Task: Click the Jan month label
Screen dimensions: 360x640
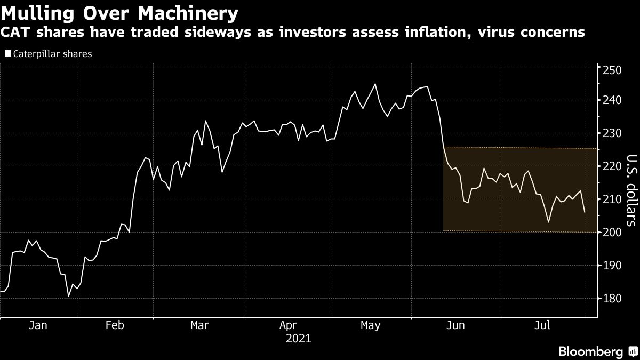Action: [38, 325]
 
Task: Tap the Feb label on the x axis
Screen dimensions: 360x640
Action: [115, 325]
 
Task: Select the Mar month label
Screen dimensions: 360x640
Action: [199, 325]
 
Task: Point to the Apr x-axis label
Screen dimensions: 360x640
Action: [288, 325]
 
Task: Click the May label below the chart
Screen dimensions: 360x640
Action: [370, 325]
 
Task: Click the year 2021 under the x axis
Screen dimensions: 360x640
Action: [298, 338]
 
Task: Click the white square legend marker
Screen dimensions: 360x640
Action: [7, 54]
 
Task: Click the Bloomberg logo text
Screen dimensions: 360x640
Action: [590, 351]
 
